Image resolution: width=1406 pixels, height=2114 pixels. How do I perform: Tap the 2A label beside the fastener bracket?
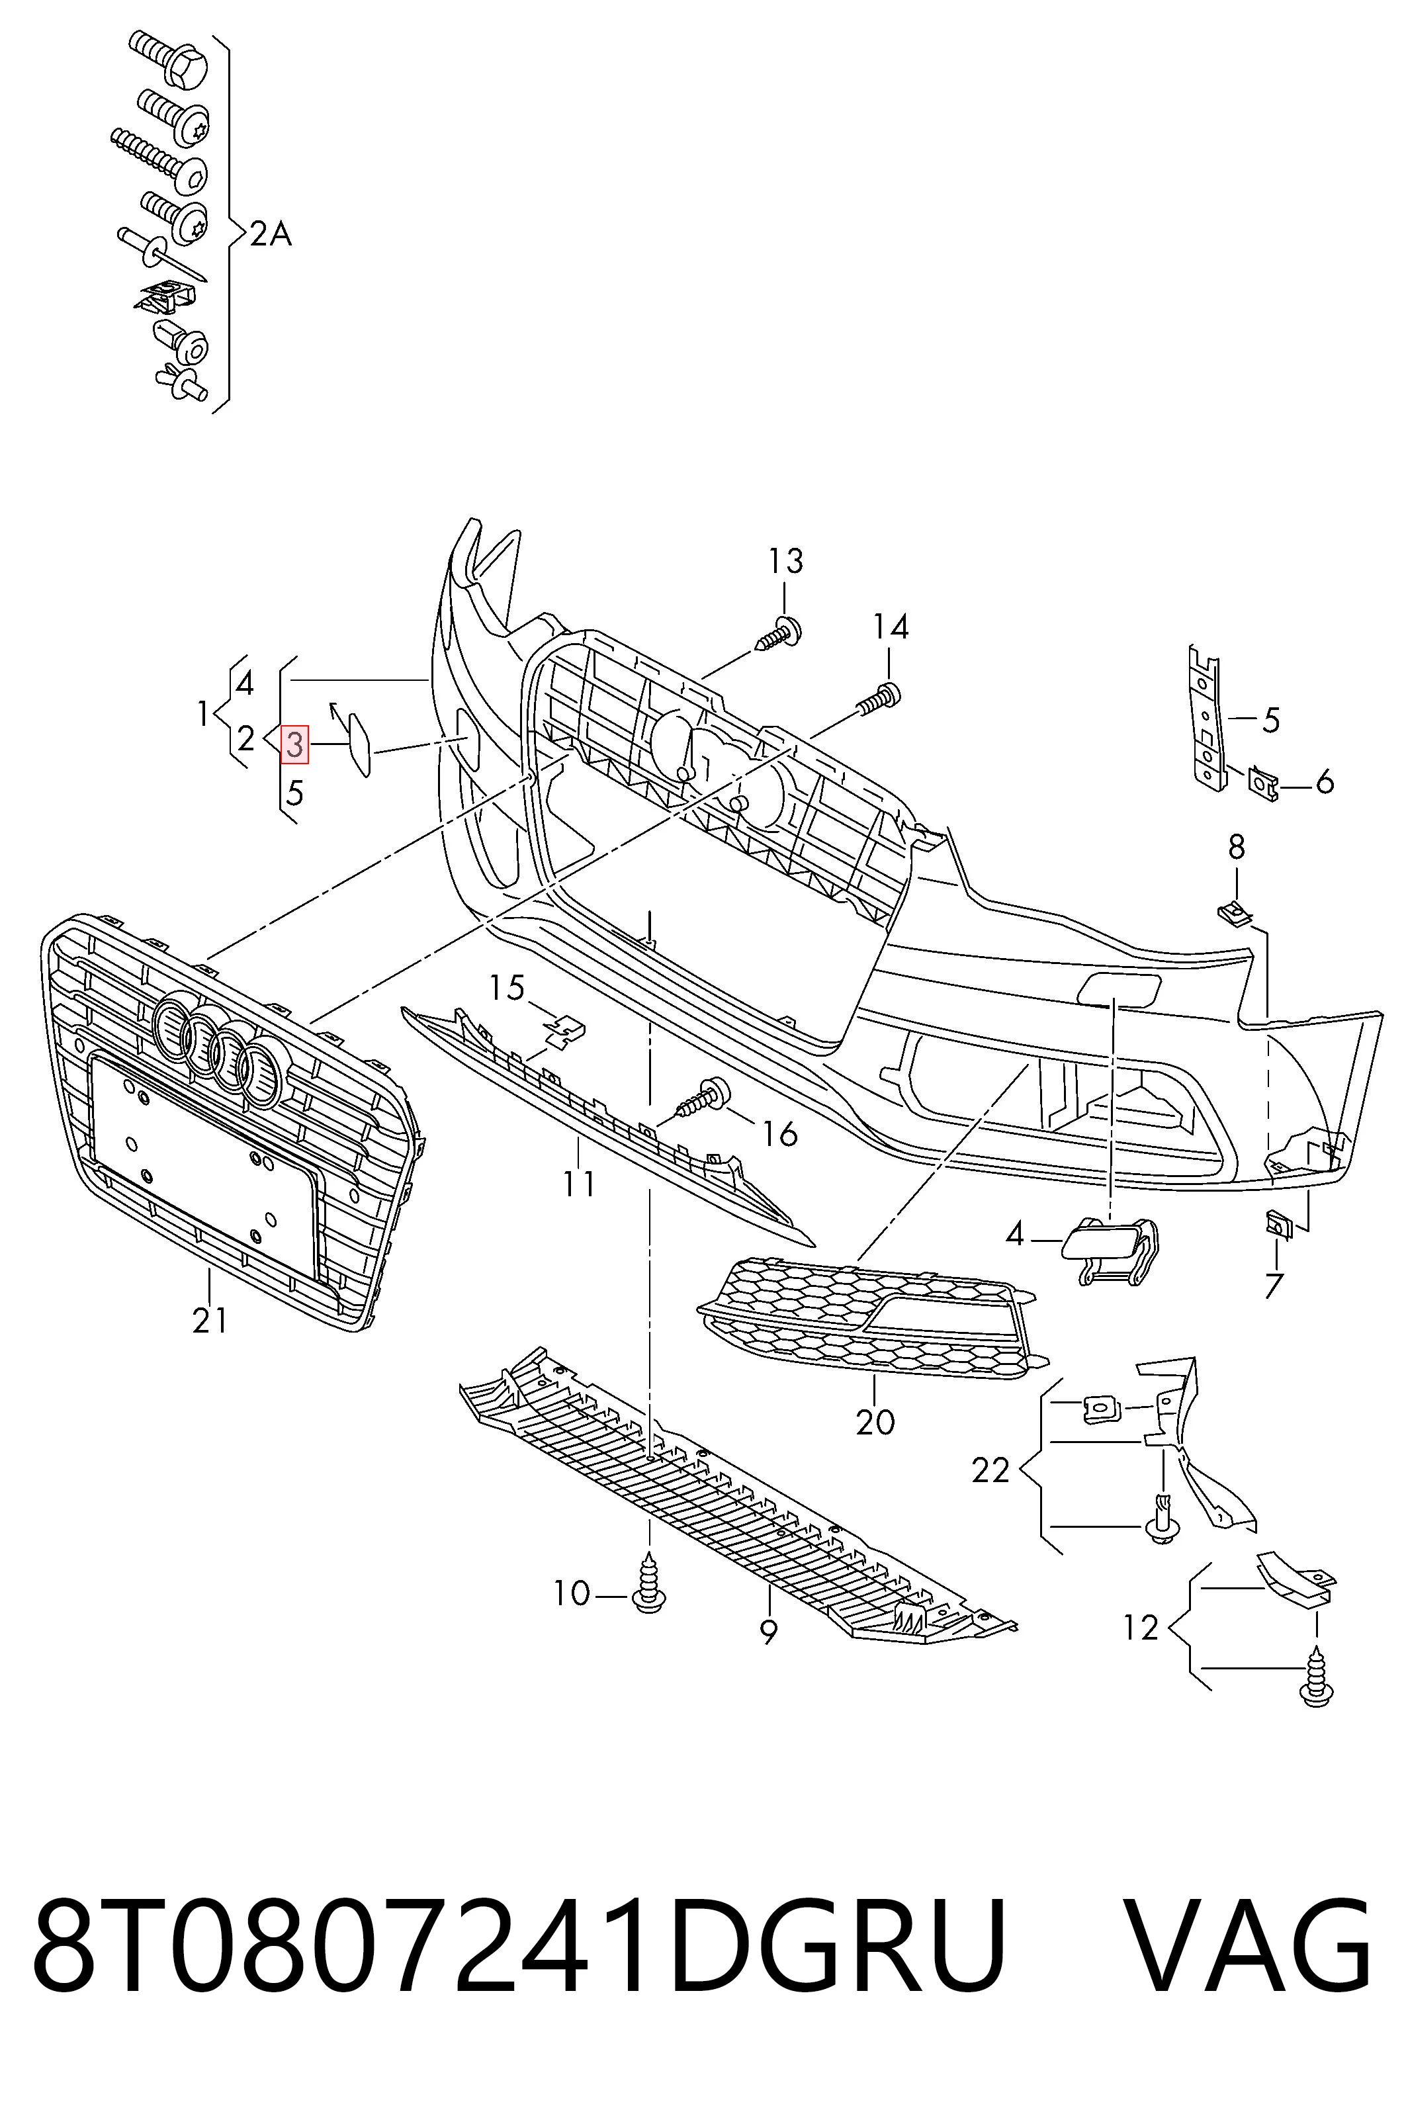pyautogui.click(x=270, y=234)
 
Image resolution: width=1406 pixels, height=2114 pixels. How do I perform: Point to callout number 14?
pyautogui.click(x=891, y=627)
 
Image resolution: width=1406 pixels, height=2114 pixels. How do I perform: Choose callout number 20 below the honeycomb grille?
pyautogui.click(x=875, y=1422)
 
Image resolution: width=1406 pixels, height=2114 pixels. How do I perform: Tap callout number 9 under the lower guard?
pyautogui.click(x=768, y=1632)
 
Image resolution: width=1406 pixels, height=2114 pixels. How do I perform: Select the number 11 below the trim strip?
pyautogui.click(x=579, y=1184)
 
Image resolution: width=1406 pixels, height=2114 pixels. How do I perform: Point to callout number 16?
pyautogui.click(x=779, y=1134)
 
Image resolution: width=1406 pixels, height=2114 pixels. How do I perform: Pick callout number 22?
pyautogui.click(x=991, y=1470)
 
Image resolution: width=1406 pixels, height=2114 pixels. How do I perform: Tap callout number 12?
pyautogui.click(x=1141, y=1627)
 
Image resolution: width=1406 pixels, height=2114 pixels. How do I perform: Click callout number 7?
pyautogui.click(x=1274, y=1286)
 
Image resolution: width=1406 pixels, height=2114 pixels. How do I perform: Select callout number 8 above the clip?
pyautogui.click(x=1237, y=846)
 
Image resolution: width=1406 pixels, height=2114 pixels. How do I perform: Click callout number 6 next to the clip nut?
pyautogui.click(x=1325, y=782)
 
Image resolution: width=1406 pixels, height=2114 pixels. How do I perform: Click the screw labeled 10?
pyautogui.click(x=648, y=1586)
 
